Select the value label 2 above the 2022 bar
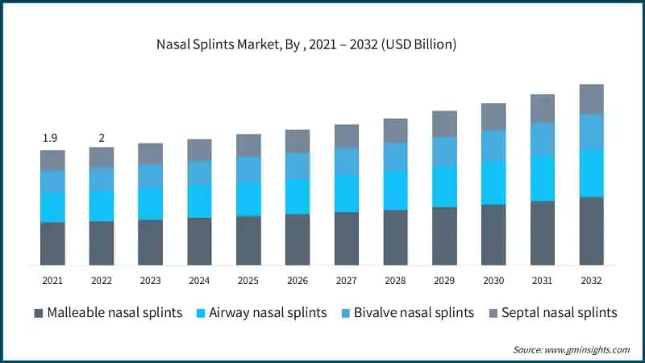point(102,138)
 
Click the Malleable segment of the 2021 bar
point(52,244)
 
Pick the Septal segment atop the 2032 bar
point(591,99)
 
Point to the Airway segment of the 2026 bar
point(298,196)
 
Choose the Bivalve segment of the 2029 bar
point(444,152)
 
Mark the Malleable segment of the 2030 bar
point(493,235)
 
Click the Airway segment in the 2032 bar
point(591,173)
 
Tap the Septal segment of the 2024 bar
point(199,150)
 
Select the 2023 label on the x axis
point(150,279)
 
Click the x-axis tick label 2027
point(347,279)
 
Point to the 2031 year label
point(543,279)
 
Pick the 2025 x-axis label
point(248,279)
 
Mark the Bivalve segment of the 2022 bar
point(102,179)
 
